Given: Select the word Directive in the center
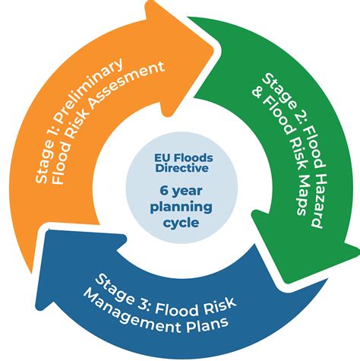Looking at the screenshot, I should (180, 173).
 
